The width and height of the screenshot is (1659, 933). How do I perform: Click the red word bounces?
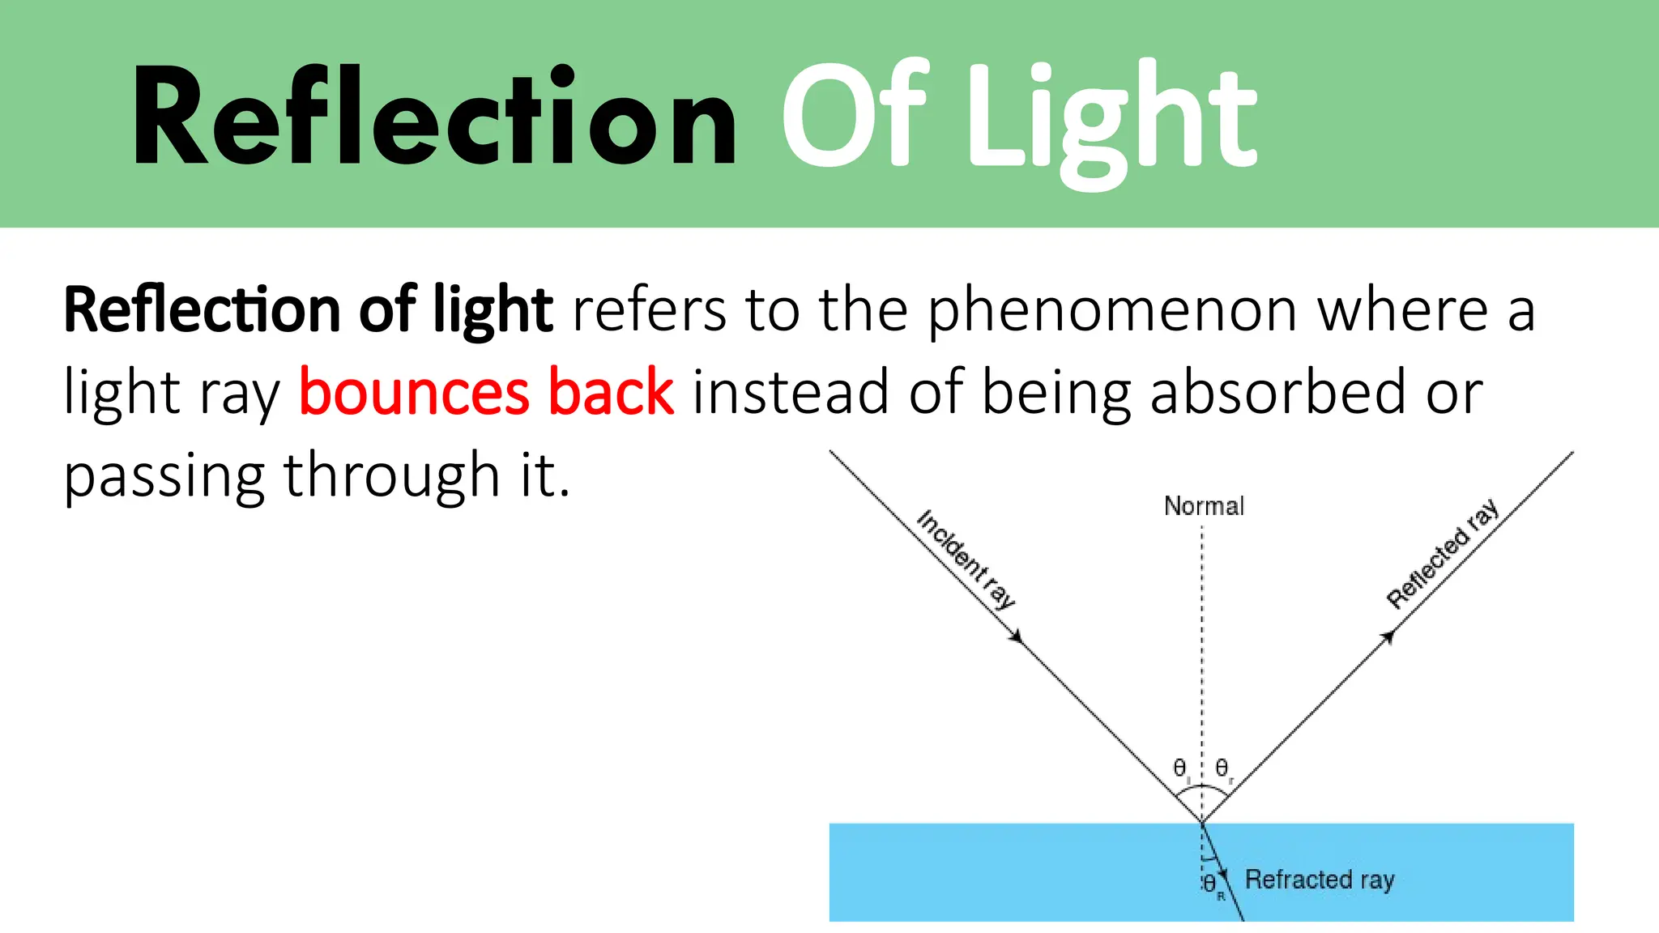pos(414,392)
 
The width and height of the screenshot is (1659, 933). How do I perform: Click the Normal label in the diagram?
pos(1204,506)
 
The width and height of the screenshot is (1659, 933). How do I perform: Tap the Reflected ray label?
pos(1443,554)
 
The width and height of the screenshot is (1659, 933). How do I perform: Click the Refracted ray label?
pos(1319,880)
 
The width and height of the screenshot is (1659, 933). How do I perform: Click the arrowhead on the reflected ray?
pos(1388,637)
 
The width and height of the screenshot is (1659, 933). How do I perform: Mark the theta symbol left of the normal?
pos(1180,767)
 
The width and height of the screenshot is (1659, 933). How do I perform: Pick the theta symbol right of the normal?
pos(1222,767)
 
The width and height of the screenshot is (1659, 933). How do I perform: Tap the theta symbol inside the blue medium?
pos(1209,884)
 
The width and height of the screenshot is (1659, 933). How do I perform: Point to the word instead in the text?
pos(790,392)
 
